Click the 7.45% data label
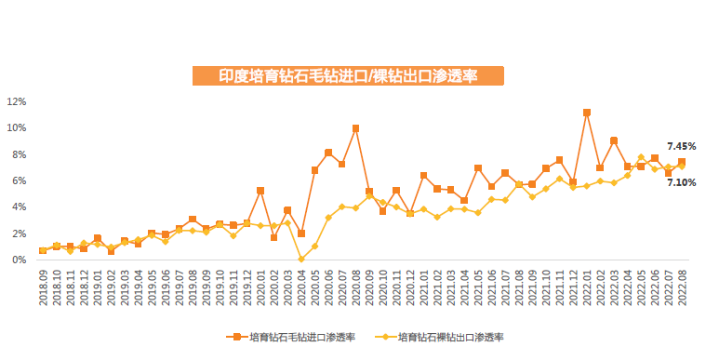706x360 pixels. (x=682, y=146)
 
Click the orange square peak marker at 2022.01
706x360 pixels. (x=587, y=113)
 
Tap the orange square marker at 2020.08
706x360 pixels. (x=355, y=128)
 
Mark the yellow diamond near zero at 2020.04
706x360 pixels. (x=301, y=260)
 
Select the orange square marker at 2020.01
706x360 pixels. (x=260, y=191)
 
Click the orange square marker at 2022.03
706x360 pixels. (x=614, y=140)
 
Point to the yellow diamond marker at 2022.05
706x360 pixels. (x=641, y=157)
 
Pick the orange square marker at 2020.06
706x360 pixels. (x=328, y=153)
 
